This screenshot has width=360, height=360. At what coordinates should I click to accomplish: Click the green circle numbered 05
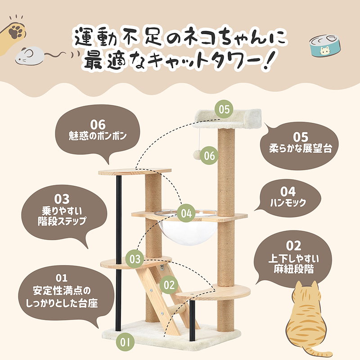(225, 109)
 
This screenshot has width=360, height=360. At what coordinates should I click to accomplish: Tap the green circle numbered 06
(209, 156)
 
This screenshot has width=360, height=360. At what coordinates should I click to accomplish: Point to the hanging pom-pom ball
(198, 154)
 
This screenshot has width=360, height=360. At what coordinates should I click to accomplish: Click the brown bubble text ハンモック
(288, 203)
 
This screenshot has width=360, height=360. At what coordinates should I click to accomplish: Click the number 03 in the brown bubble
(62, 198)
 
